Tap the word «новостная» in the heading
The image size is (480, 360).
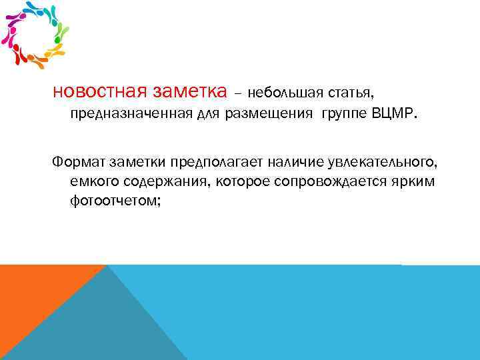click(x=100, y=90)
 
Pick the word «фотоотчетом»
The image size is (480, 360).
click(x=113, y=201)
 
